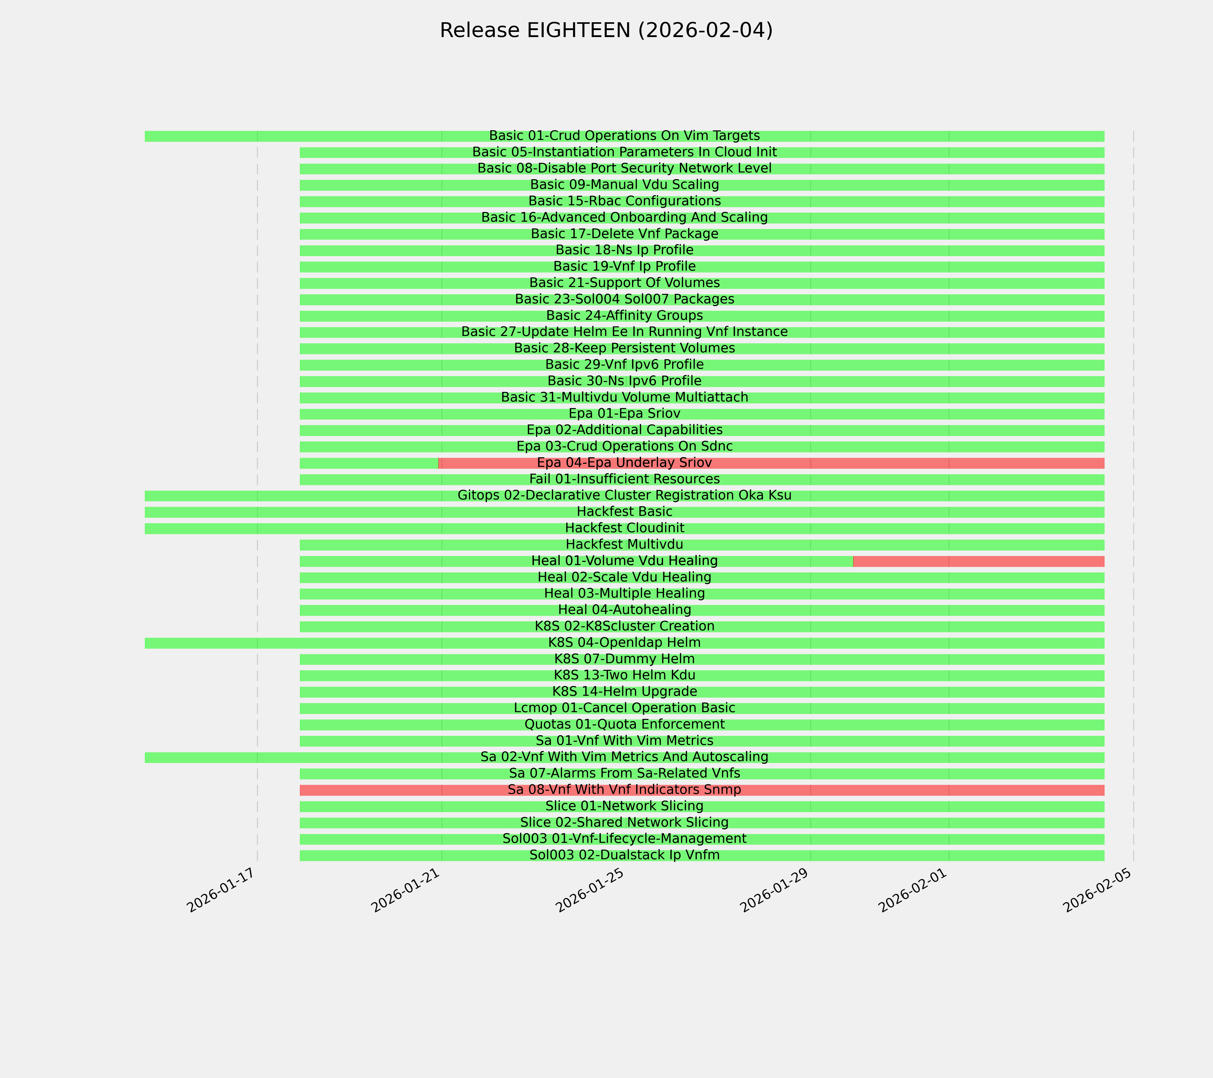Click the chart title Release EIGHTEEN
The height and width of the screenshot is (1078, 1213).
pos(606,30)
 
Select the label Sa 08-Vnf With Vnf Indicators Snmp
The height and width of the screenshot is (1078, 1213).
pos(624,790)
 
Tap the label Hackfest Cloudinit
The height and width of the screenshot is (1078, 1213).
pos(624,528)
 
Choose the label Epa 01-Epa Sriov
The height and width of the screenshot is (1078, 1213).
pos(624,413)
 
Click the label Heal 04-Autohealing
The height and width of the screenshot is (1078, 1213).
pos(624,610)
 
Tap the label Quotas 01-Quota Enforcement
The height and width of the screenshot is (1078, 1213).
pos(624,725)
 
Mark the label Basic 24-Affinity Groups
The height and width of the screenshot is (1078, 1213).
pos(624,316)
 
